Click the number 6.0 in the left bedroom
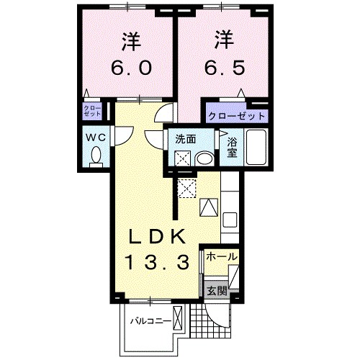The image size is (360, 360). pos(130,68)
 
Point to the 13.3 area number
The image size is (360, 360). pos(159,262)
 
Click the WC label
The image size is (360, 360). pos(94,137)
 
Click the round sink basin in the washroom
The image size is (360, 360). pos(204,158)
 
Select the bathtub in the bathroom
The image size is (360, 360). pos(256,148)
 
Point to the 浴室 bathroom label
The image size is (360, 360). pos(232,147)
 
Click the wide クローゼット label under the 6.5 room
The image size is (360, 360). pos(237,115)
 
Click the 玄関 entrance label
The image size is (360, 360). pos(217,291)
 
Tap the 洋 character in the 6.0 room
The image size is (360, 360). pos(130,42)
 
